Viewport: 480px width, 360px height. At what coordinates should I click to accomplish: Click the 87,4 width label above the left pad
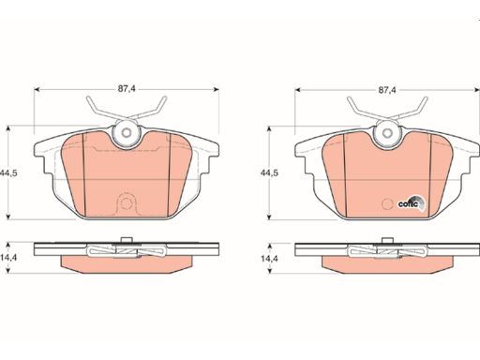pos(127,89)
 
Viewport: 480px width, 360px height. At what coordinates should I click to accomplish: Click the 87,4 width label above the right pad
pos(387,90)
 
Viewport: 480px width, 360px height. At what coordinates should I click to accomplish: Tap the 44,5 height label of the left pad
pos(8,172)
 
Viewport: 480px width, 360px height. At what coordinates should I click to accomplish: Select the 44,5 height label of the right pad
pos(269,172)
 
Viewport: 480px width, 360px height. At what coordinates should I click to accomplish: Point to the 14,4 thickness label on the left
pos(8,258)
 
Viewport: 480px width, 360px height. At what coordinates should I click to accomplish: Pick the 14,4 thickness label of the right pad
pos(269,259)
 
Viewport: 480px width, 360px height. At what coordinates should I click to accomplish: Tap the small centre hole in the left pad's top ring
pos(127,132)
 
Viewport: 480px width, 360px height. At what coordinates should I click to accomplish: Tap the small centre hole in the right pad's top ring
pos(387,132)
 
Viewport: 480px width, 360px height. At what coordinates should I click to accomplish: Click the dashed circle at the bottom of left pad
pos(127,204)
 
